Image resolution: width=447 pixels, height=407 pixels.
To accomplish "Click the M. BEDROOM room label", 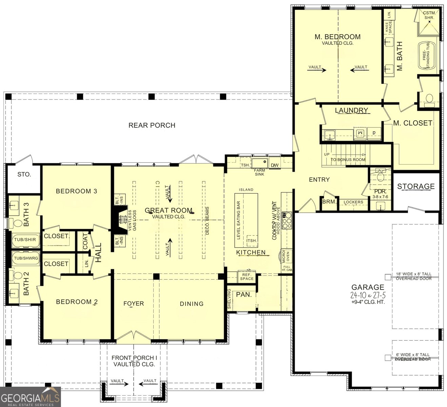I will point(337,37).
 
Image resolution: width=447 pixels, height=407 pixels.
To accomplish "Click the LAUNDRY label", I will point(351,110).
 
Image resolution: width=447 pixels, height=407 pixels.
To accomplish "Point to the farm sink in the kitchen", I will point(259,163).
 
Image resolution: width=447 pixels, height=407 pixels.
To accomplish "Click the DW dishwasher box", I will point(275,165).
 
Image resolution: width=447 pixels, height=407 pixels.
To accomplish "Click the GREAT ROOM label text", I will point(169,211).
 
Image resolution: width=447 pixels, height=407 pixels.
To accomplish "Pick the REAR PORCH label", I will point(152,125).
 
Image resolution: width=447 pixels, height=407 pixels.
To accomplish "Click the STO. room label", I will point(24,174).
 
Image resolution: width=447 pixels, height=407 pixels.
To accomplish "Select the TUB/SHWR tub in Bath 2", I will point(26,258).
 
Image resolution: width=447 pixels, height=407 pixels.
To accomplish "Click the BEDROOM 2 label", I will point(77,302).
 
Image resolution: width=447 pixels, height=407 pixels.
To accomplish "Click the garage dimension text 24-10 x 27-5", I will point(368,295).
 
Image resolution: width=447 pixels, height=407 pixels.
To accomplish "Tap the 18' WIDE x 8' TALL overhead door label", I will point(413,276).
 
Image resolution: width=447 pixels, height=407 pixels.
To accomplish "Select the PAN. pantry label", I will point(244,294).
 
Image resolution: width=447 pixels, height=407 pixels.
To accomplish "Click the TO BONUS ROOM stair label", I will point(348,159).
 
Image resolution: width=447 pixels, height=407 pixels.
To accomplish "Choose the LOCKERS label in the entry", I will point(353,202).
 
